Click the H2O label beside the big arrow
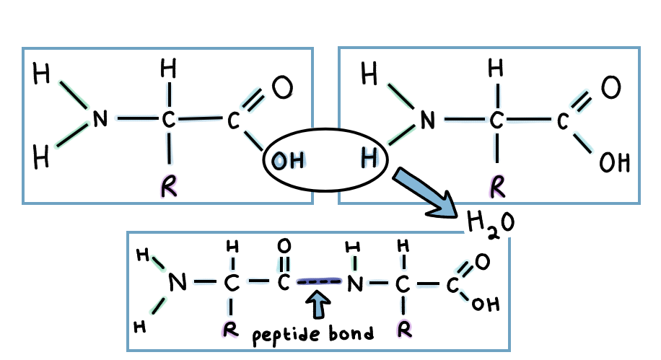pos(490,224)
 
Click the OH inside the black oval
pos(289,162)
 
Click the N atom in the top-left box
pos(100,119)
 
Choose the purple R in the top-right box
pos(496,187)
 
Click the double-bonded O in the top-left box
pos(282,88)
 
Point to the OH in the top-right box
pos(615,162)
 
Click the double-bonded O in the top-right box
pos(610,89)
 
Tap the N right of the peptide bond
pos(354,284)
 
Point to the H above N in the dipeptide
pos(354,249)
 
